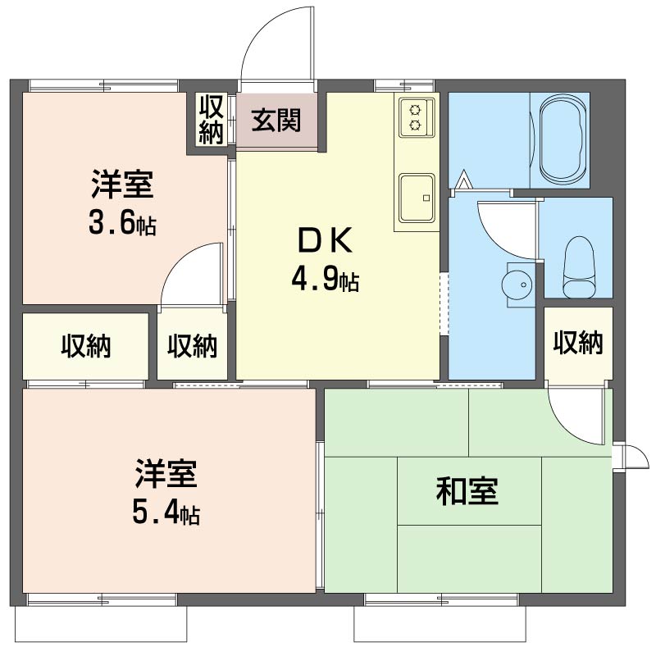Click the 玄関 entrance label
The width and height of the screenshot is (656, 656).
(276, 121)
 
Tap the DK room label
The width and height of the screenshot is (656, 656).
(325, 240)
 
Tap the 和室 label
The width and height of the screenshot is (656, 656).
(467, 491)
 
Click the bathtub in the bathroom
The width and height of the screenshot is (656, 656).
(562, 138)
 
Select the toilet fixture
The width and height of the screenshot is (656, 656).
(580, 267)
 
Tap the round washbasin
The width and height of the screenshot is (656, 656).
(517, 285)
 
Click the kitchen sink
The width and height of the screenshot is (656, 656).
(417, 198)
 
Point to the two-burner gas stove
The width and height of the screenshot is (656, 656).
(417, 117)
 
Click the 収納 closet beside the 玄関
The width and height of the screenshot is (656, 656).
(211, 119)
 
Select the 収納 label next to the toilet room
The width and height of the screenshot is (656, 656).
(578, 342)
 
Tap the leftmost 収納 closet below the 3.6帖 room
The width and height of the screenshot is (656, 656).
(86, 346)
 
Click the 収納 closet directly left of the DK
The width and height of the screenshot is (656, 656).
(192, 346)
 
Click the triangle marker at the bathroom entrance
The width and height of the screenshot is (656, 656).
(463, 180)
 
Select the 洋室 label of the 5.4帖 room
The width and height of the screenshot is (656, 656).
(166, 474)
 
